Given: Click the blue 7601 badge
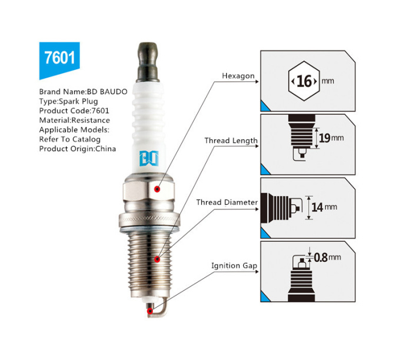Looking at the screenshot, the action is coord(59,59).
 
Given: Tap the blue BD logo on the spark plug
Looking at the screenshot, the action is coord(149,158).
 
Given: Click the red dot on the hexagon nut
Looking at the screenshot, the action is coord(157,189).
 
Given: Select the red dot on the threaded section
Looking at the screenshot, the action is coord(157,259).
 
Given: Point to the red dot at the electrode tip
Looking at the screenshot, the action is coord(149,311).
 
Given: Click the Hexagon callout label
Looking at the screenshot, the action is coord(238,76).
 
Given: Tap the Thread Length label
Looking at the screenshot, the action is coord(231,141).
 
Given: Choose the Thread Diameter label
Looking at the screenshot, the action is coord(227,202).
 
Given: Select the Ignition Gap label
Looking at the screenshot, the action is coord(234,266).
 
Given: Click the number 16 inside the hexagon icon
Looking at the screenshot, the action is coord(304,81).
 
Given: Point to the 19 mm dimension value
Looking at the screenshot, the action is coord(331,138).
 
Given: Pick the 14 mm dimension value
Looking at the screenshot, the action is coord(324,207).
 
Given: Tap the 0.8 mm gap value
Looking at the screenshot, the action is coord(327,257).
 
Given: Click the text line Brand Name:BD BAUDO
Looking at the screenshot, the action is coord(84,92).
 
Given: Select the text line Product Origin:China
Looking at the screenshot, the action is coord(78,149).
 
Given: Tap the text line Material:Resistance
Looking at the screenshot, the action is coord(75,120).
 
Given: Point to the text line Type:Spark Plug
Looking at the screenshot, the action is coord(69,101).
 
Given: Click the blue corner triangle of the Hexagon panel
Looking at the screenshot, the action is coord(264,107).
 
